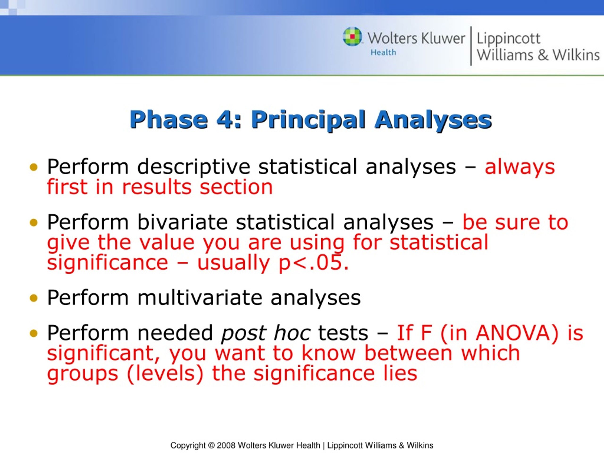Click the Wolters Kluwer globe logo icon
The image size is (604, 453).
click(352, 36)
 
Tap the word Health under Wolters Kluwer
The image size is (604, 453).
click(383, 52)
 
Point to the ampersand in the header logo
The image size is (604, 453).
click(543, 54)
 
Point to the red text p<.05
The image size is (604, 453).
click(314, 263)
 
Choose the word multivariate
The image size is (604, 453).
click(200, 298)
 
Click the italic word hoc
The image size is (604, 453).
click(292, 333)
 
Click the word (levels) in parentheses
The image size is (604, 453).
click(165, 373)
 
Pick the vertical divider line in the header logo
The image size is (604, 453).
click(471, 46)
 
